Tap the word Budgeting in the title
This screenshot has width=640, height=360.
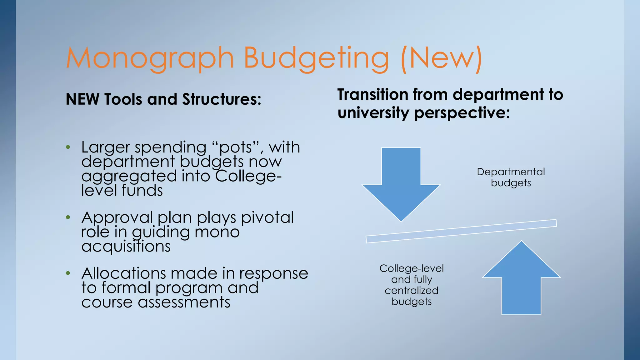[x=316, y=58]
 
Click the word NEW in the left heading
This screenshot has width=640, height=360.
[x=83, y=99]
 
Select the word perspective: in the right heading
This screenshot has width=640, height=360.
[x=462, y=113]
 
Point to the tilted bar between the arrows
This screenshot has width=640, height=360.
[x=461, y=231]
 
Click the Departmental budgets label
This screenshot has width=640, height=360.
[x=511, y=177]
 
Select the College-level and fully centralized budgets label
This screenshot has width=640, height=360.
[x=412, y=285]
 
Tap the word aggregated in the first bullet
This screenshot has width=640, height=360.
[x=130, y=176]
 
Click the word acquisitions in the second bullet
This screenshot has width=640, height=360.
[x=126, y=246]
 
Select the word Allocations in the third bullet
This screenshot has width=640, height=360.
[x=123, y=273]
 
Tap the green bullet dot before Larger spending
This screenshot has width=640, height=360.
[x=68, y=147]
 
